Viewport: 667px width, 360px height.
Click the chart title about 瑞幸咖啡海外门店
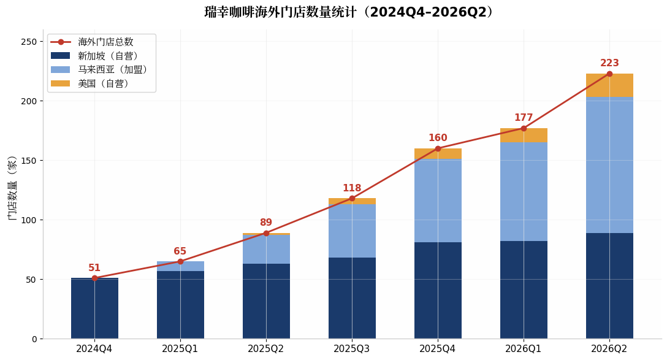[349, 12]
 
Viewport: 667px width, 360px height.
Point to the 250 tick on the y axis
[29, 42]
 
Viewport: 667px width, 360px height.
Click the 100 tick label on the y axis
[29, 220]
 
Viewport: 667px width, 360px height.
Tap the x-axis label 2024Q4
[94, 349]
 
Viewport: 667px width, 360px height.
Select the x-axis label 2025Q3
[351, 349]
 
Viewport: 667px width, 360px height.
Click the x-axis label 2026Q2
[609, 349]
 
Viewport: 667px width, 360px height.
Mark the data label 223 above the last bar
[609, 63]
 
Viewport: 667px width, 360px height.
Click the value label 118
[352, 188]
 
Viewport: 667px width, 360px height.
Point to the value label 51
[94, 267]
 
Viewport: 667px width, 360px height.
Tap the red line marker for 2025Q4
[438, 148]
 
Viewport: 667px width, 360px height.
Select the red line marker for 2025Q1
[180, 261]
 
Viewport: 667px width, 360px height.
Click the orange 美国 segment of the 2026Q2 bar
[609, 85]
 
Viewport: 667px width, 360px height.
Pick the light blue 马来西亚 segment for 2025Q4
[438, 201]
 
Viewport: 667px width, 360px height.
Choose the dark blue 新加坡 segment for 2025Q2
[266, 301]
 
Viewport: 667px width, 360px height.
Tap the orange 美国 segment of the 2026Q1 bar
[524, 136]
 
